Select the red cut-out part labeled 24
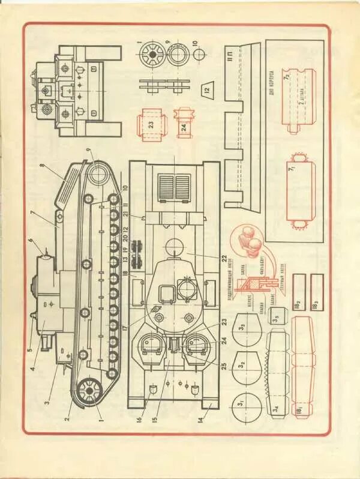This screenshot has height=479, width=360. pos(184,122)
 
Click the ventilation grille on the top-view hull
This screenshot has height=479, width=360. pos(173,187)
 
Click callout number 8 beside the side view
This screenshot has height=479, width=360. pos(43,166)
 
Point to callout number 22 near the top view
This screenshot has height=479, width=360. pos(223,259)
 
